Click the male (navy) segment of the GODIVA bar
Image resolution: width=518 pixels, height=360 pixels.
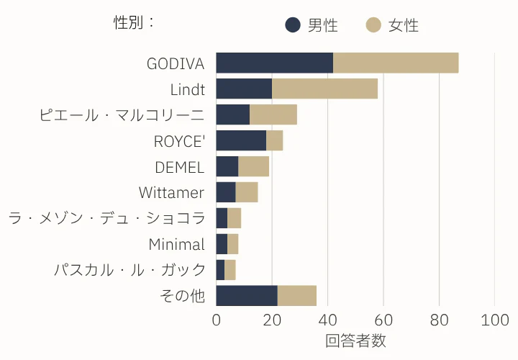[x=274, y=63]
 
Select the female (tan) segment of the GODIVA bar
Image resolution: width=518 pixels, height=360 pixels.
[x=396, y=63]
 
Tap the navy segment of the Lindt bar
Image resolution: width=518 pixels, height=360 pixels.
[x=244, y=89]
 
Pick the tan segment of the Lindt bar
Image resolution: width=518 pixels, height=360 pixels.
[x=324, y=89]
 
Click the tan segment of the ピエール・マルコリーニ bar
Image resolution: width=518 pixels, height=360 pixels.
[x=273, y=114]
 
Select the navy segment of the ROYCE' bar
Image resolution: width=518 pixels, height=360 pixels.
[x=241, y=140]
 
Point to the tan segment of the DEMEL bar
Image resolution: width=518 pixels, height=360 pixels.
[x=253, y=166]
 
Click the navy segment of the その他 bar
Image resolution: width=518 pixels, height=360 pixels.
[x=247, y=295]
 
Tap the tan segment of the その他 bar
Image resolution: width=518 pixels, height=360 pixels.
[x=296, y=295]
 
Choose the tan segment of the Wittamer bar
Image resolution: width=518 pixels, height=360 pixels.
[x=247, y=192]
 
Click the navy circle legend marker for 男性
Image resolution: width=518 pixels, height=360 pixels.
[x=293, y=25]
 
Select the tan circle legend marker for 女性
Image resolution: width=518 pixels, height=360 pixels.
[x=373, y=25]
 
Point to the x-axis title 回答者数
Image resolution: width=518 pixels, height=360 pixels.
[x=355, y=340]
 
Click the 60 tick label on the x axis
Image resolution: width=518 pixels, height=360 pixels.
[x=383, y=320]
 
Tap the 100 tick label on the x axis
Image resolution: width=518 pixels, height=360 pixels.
[x=494, y=320]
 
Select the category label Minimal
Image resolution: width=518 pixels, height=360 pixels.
[x=176, y=244]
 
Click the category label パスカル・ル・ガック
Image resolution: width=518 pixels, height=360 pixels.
[x=129, y=270]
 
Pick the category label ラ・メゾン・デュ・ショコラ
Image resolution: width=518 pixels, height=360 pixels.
[x=106, y=218]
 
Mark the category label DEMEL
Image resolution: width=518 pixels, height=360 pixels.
[x=180, y=167]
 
